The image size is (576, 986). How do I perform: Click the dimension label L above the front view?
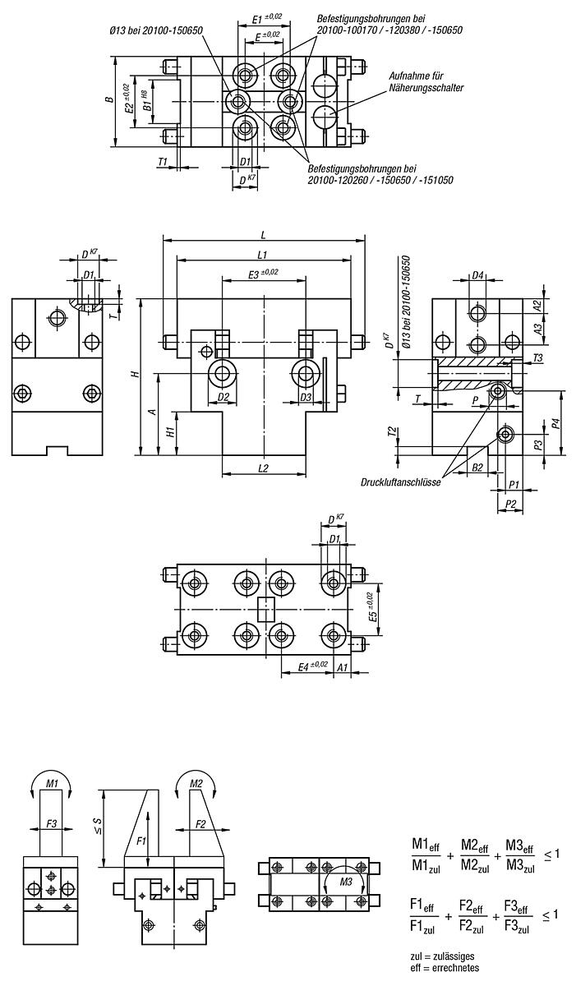coord(263,233)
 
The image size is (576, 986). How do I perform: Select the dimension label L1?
coord(263,253)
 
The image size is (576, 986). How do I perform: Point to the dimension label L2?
coord(263,468)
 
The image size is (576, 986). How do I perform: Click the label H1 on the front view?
coord(169,431)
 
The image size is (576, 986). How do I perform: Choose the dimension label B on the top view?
coord(108,100)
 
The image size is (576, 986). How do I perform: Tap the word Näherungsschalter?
coord(428,87)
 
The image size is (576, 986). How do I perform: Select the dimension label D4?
coord(477,276)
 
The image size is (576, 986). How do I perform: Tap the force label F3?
coord(51,822)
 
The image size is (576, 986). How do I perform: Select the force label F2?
coord(200,822)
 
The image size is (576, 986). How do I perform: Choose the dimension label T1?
coord(163,162)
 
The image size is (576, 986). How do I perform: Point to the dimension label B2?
coord(478,467)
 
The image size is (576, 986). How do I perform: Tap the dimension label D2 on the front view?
coord(223,397)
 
